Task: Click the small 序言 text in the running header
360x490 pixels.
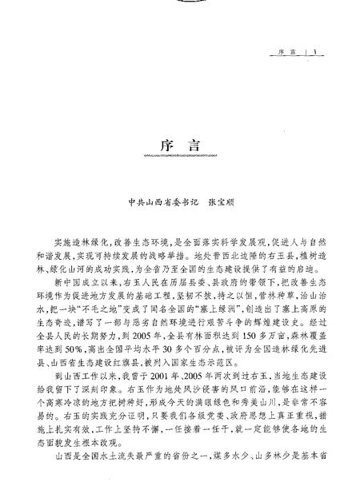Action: pyautogui.click(x=286, y=54)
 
